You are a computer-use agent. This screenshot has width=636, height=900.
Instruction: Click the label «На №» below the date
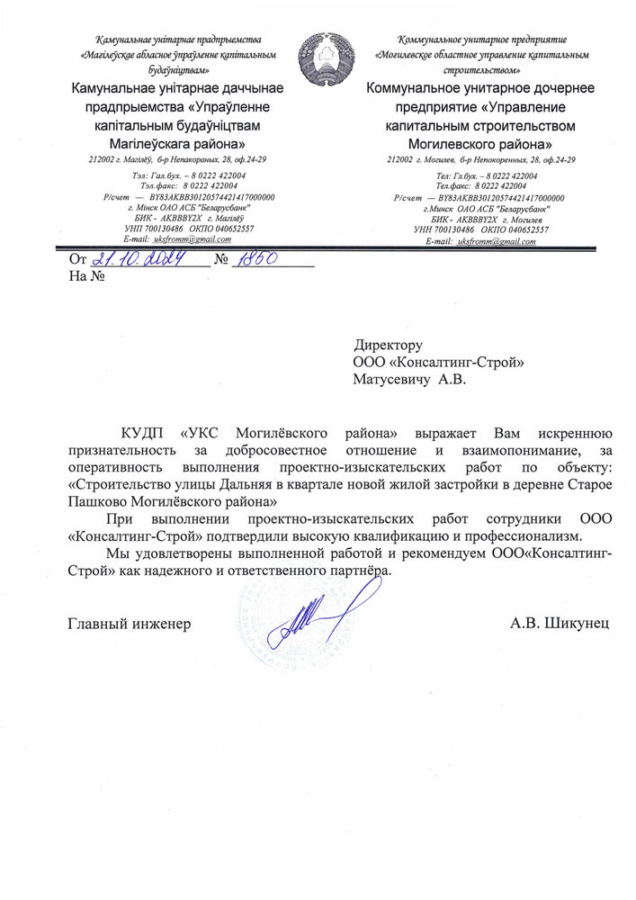coord(87,277)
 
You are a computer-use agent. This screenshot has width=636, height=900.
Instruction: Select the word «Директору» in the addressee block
coord(388,346)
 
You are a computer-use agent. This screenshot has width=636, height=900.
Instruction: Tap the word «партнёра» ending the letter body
coord(363,571)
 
